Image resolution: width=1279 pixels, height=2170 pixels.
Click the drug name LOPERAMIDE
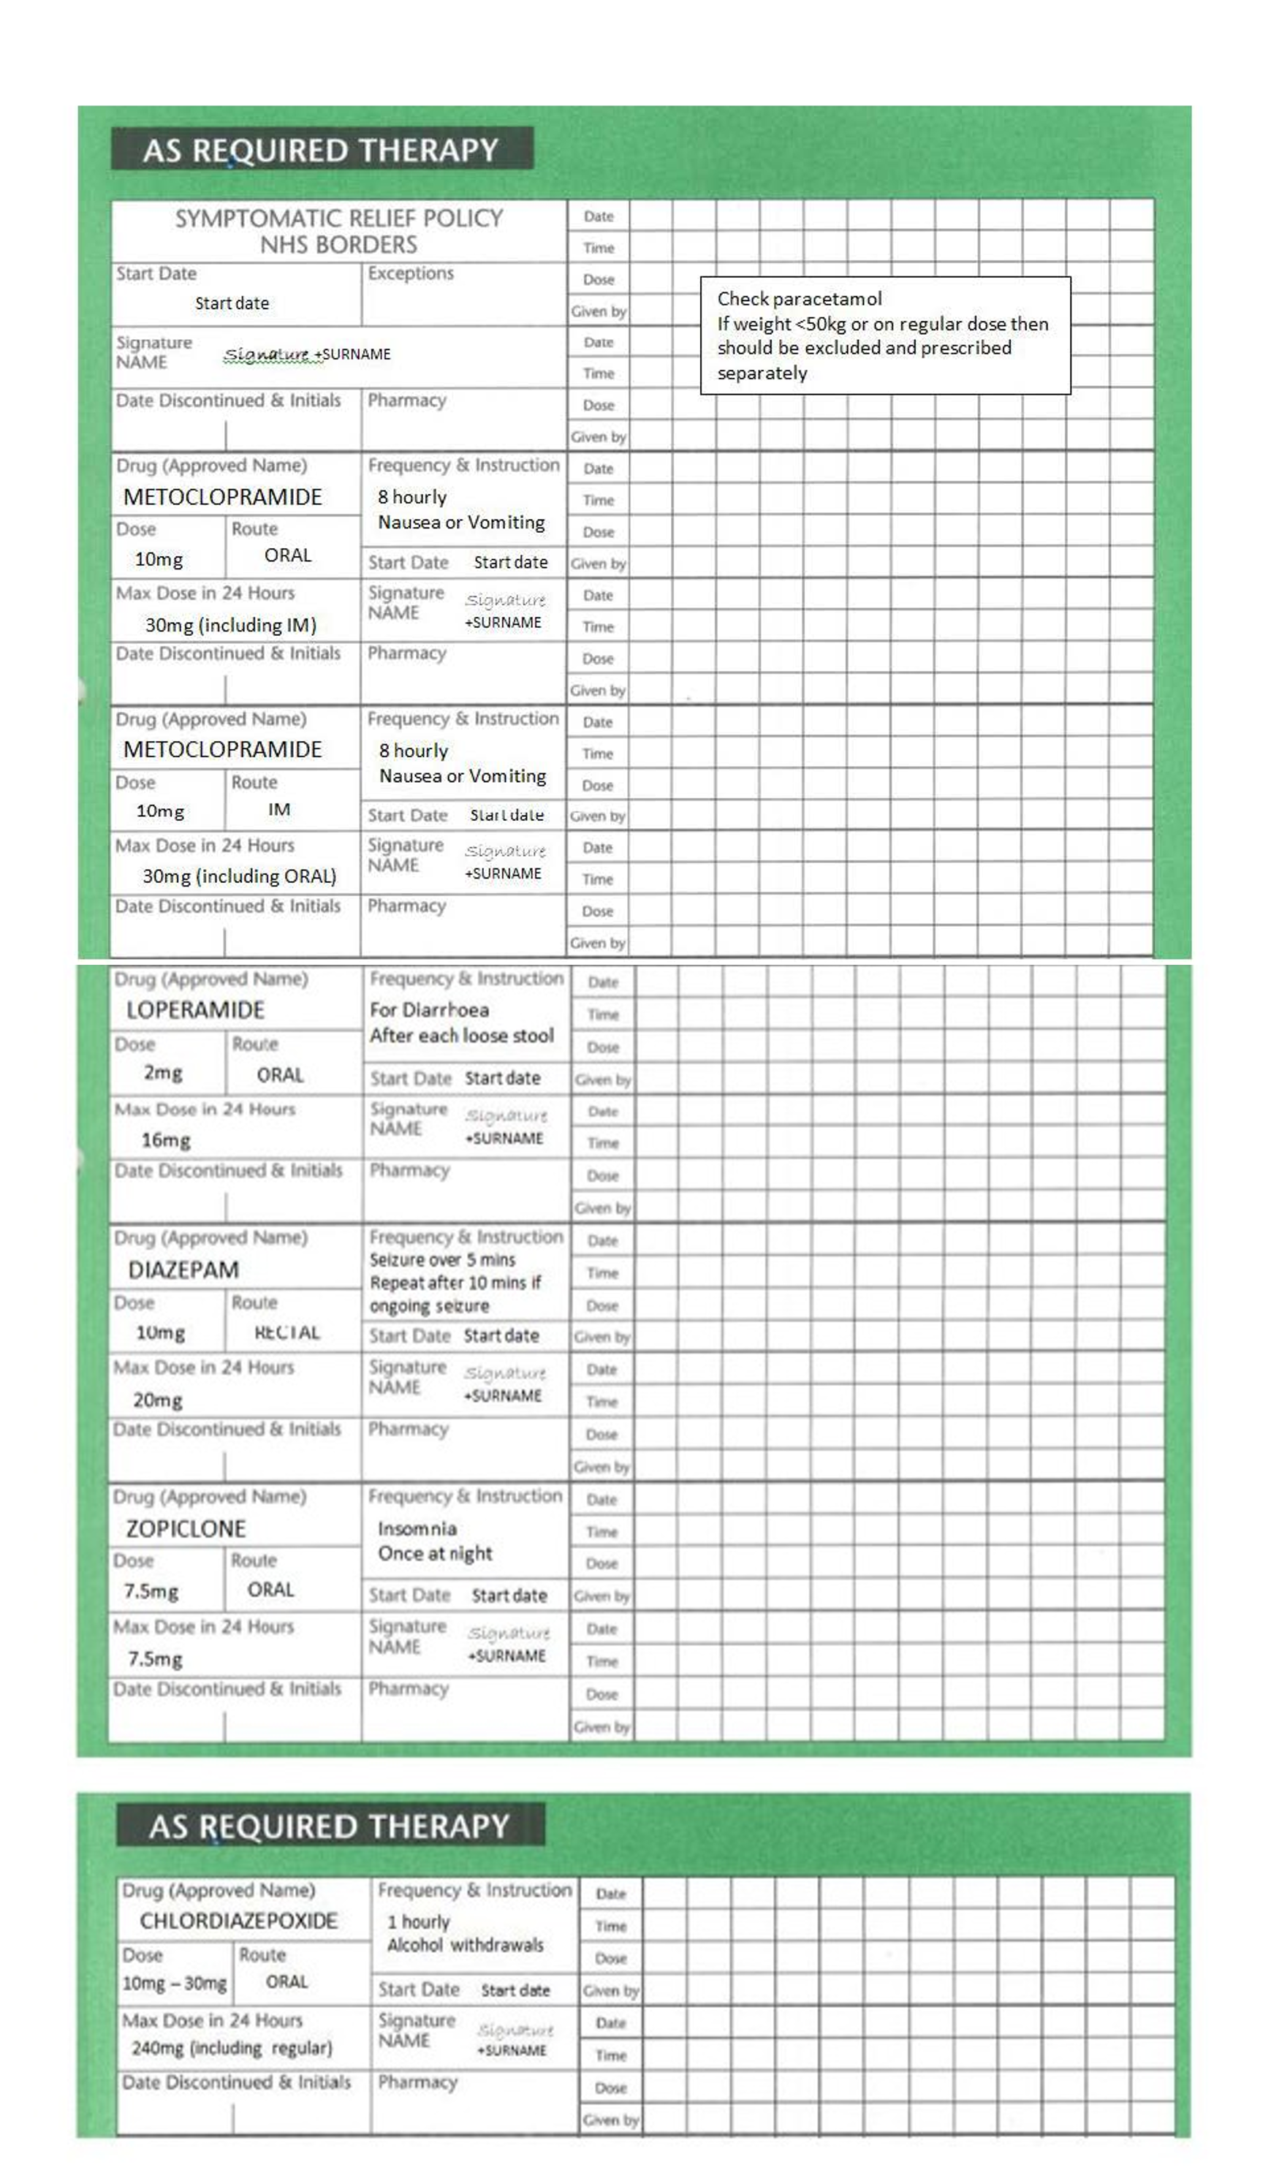[x=195, y=1010]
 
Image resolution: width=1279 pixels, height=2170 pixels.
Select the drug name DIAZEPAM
[x=183, y=1270]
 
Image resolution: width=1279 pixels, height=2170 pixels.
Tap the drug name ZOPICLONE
[x=186, y=1528]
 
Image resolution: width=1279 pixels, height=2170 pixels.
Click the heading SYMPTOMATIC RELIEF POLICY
[x=338, y=218]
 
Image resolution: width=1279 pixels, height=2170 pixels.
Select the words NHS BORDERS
[x=338, y=245]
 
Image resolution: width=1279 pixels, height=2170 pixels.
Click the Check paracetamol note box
[x=884, y=335]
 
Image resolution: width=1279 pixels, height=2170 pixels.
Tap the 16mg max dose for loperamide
[x=165, y=1140]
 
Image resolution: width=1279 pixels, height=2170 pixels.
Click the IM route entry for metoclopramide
[x=278, y=809]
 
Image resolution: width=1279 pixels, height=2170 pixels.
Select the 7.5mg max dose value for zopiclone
[x=155, y=1659]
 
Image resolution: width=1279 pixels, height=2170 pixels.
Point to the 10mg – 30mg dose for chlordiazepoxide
[x=174, y=1983]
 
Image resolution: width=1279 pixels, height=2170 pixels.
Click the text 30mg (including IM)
[x=230, y=625]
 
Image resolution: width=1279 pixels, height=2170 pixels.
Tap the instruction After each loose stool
[x=461, y=1036]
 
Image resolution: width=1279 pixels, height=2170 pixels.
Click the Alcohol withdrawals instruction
[x=465, y=1945]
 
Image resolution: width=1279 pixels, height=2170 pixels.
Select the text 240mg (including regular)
[x=231, y=2048]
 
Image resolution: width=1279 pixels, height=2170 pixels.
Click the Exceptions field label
[x=410, y=273]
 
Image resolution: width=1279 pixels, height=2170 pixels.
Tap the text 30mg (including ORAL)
[x=239, y=876]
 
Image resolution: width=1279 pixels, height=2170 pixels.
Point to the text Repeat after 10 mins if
[x=455, y=1283]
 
